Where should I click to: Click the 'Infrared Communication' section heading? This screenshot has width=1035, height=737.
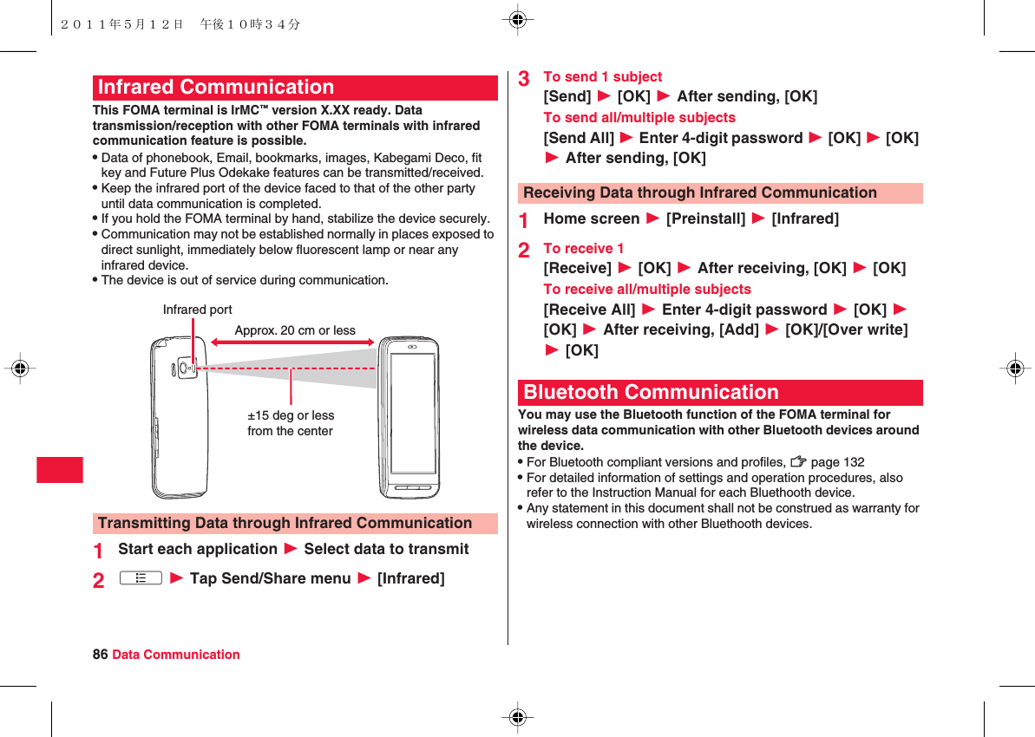tap(216, 88)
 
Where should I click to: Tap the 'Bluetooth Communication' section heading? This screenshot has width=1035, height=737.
tap(651, 392)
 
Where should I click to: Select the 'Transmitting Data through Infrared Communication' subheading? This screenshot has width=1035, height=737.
tap(285, 523)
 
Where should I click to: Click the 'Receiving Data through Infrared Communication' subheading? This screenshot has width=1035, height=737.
tap(700, 192)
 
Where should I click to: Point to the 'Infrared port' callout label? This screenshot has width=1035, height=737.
tap(197, 310)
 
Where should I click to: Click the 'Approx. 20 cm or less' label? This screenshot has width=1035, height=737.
tap(295, 330)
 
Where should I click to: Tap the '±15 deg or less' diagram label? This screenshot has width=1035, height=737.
tap(291, 415)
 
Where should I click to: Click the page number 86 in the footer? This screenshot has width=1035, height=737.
tap(100, 655)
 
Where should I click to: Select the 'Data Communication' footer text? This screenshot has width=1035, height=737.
tap(176, 655)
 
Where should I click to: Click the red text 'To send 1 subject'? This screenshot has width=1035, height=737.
tap(602, 76)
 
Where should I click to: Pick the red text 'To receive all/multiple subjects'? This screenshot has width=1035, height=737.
tap(647, 289)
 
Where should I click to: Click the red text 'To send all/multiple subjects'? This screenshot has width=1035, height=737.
tap(639, 117)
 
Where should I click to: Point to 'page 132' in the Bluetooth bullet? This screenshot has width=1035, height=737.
tap(837, 462)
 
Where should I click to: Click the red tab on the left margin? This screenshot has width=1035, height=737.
tap(60, 469)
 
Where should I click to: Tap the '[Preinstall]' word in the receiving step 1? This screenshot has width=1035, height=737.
tap(705, 218)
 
